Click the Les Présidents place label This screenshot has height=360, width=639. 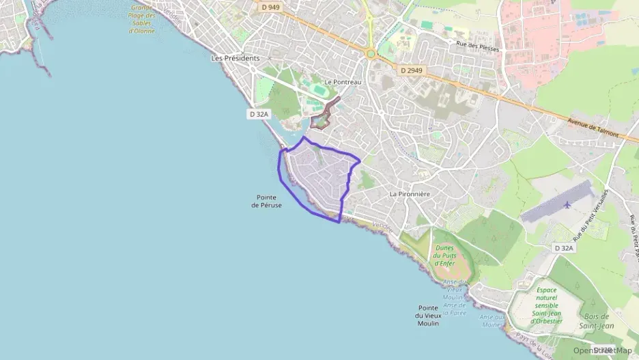(236, 59)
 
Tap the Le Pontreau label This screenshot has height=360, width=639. (343, 82)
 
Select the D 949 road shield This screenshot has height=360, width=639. (270, 6)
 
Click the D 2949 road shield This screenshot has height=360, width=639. (412, 70)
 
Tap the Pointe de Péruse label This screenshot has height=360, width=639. (266, 202)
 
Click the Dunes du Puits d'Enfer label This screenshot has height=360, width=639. (444, 256)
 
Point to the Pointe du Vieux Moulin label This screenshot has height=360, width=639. (428, 315)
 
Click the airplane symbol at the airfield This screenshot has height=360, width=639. (568, 204)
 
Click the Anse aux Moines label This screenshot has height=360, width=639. (492, 321)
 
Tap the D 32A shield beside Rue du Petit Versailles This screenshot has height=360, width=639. (564, 248)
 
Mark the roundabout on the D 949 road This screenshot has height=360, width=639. (371, 53)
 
